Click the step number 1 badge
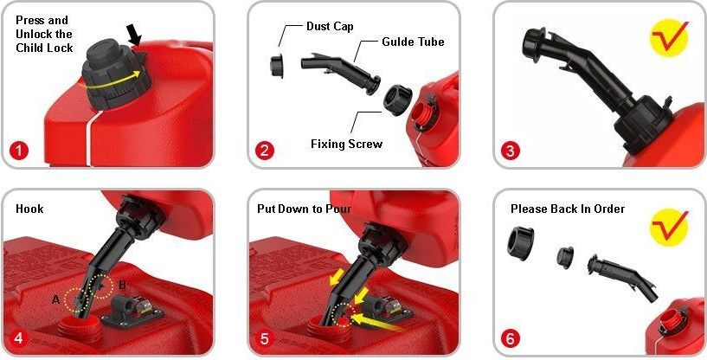pos(18,151)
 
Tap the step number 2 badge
pos(264,151)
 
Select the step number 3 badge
pos(510,151)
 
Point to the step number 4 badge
pos(18,337)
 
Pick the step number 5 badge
pos(264,337)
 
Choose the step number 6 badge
pos(510,337)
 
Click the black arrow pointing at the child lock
pos(134,35)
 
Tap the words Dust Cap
pos(330,26)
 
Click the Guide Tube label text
pos(413,42)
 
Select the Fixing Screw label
pos(346,144)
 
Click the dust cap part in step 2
pos(277,67)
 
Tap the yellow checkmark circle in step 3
pos(670,37)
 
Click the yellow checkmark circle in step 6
pos(670,227)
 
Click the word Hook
pos(29,209)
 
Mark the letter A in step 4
pos(55,299)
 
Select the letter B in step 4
pos(122,285)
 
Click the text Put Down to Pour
pos(304,209)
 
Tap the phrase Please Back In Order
pos(568,209)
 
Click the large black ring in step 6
pos(521,241)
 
